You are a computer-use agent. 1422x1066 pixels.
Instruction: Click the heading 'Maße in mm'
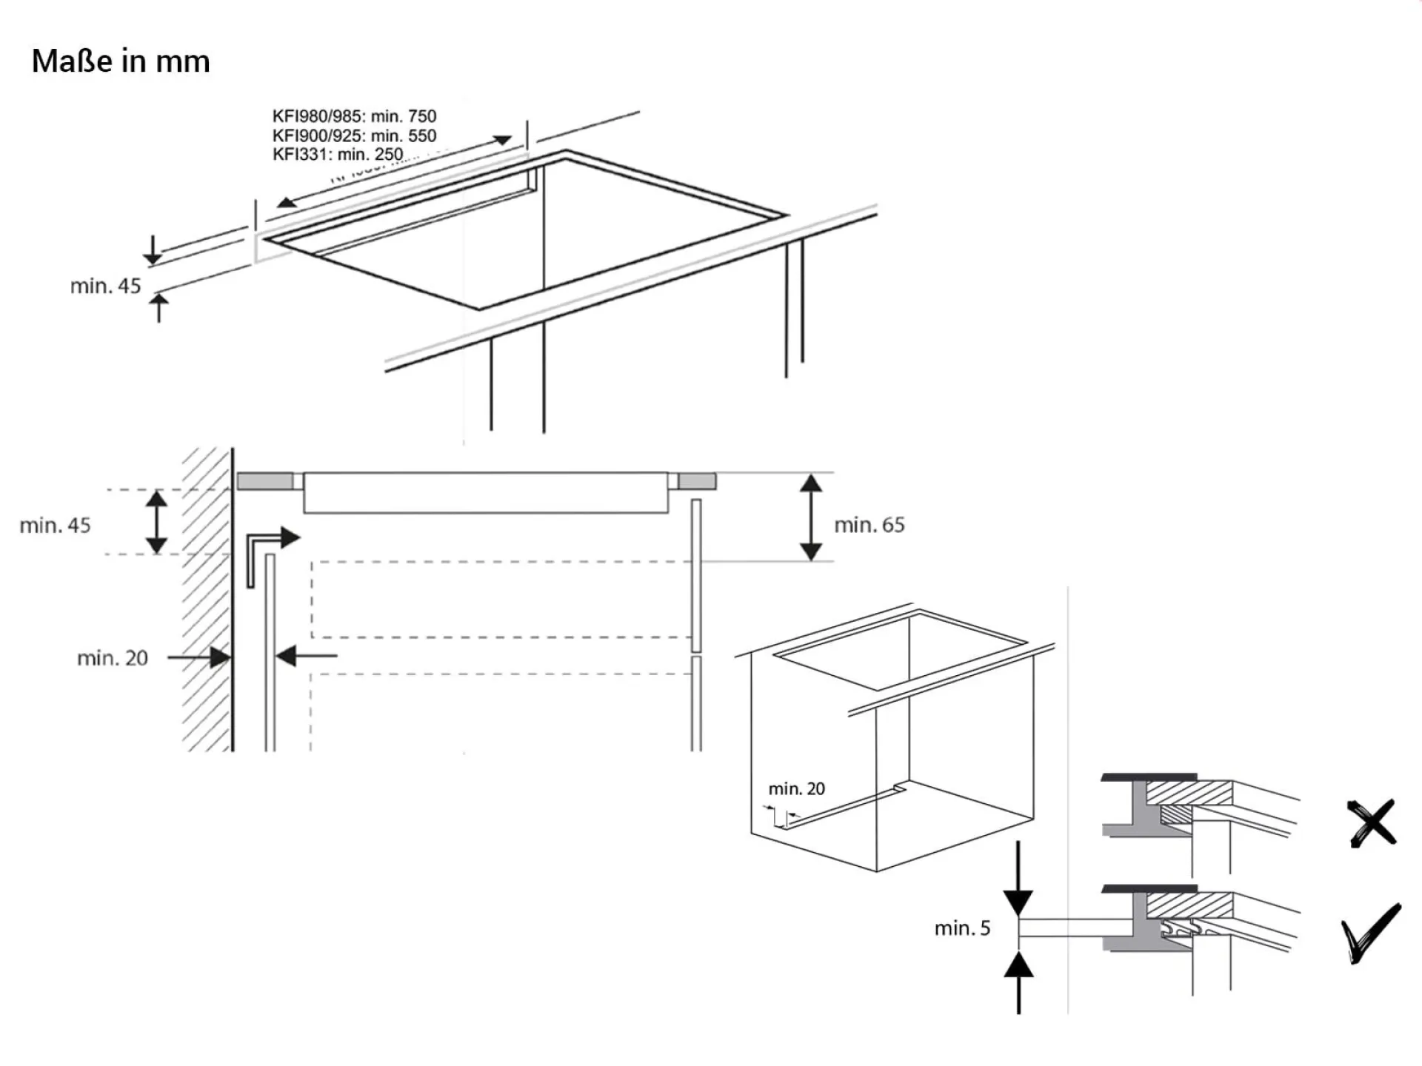(121, 61)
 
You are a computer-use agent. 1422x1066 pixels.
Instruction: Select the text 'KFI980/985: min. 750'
(354, 116)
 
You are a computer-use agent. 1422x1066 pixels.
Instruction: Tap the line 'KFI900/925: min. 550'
(354, 135)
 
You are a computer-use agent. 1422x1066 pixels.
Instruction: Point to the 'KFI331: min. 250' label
(338, 154)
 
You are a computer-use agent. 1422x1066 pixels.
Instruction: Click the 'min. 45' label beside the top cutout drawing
(105, 286)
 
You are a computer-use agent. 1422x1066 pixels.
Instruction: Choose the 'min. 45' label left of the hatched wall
(55, 526)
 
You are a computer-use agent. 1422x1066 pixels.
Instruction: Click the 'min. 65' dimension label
(869, 525)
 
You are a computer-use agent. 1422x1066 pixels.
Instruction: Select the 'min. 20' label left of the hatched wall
(113, 658)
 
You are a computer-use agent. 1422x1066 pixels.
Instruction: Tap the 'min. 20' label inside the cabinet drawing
(796, 789)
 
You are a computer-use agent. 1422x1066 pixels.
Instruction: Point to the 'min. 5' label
(962, 928)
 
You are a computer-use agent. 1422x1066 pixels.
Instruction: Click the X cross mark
(1372, 822)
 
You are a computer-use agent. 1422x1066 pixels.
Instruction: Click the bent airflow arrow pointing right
(271, 552)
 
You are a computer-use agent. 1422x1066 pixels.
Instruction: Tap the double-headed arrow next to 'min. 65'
(811, 517)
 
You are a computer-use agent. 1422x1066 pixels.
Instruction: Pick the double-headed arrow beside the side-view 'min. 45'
(156, 522)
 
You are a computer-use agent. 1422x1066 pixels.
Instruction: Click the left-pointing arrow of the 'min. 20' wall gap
(305, 656)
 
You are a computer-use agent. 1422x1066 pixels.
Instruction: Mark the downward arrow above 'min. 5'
(1018, 881)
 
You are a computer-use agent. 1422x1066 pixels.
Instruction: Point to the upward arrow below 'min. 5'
(1018, 981)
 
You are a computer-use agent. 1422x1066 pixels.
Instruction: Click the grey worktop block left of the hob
(265, 481)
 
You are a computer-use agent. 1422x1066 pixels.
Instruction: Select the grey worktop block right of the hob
(697, 481)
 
